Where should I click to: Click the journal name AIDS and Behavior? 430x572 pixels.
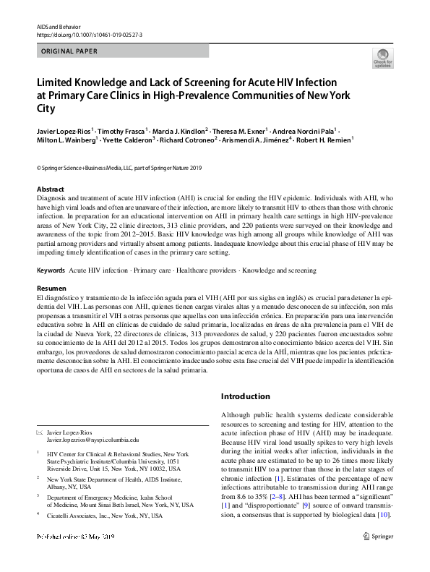[x=55, y=25]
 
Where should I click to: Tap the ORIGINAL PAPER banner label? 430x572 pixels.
[x=66, y=51]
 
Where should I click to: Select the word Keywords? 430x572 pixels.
[x=51, y=269]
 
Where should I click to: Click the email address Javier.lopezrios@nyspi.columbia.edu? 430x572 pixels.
[x=93, y=439]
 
